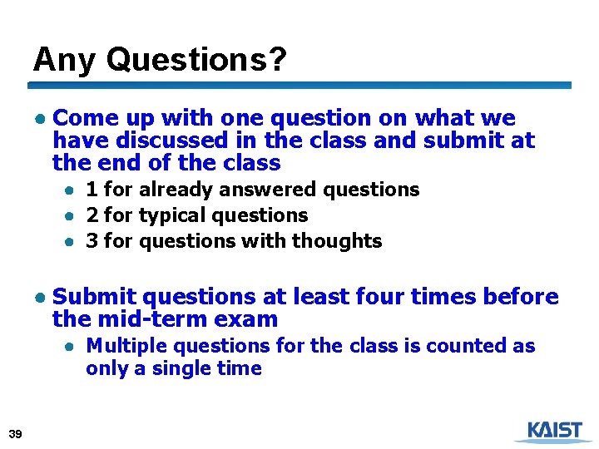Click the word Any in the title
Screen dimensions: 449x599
(66, 59)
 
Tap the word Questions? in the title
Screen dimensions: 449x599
(196, 59)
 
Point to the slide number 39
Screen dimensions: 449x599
(14, 433)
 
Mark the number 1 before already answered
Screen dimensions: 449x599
(92, 190)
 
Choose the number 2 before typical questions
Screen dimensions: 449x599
(92, 215)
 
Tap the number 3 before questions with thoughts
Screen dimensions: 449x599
(92, 241)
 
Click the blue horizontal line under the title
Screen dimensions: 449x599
(299, 85)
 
